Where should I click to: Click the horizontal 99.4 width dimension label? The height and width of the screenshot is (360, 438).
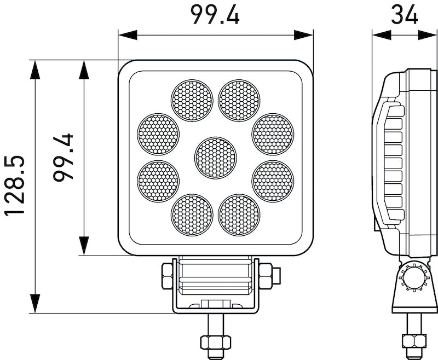(x=215, y=14)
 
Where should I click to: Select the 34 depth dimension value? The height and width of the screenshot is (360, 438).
(x=405, y=14)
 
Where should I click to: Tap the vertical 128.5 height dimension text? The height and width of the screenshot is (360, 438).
(x=15, y=186)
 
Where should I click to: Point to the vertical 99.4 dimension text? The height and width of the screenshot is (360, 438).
(x=65, y=158)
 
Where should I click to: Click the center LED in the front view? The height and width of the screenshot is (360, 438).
(x=215, y=158)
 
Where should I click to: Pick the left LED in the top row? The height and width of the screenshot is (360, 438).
(x=192, y=100)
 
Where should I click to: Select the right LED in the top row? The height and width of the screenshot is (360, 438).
(x=239, y=100)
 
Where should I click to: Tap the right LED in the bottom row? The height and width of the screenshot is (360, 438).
(x=239, y=214)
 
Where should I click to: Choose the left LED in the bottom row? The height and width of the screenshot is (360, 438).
(x=192, y=214)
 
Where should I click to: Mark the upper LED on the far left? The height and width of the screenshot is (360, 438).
(x=158, y=134)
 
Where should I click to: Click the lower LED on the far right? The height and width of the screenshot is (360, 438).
(x=273, y=181)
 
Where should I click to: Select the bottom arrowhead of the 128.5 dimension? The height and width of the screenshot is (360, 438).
(x=35, y=303)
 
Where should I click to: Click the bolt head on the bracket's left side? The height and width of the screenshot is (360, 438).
(x=167, y=275)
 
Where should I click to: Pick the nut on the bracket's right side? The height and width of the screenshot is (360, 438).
(x=266, y=275)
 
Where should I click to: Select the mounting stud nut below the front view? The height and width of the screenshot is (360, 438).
(x=215, y=342)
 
